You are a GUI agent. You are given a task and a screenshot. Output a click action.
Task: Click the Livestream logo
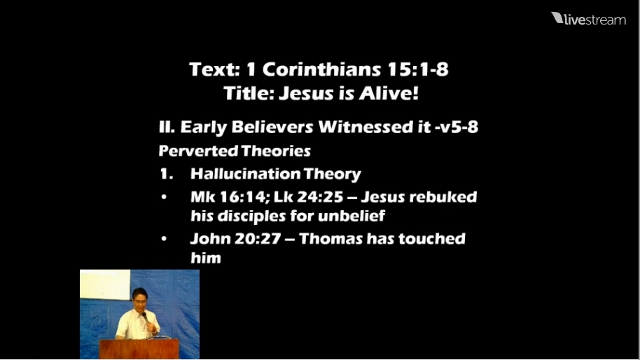tap(588, 19)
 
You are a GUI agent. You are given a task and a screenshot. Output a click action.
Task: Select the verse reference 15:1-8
tap(417, 69)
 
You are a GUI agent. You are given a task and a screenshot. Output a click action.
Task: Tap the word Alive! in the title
tap(389, 93)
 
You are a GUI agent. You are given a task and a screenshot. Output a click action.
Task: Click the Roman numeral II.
tap(167, 127)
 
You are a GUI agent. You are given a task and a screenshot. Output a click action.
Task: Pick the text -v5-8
tap(457, 127)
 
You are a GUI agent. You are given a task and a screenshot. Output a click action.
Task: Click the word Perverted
tap(198, 151)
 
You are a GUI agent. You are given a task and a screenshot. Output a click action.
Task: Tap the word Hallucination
tap(245, 174)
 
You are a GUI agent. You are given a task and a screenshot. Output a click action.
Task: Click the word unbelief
tap(352, 216)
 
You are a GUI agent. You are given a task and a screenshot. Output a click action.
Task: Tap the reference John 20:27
tap(235, 239)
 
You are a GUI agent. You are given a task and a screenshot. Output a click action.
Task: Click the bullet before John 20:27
tap(164, 238)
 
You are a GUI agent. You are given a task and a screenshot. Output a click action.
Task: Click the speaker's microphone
tap(145, 317)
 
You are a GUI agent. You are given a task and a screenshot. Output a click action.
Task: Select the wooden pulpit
tap(139, 349)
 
